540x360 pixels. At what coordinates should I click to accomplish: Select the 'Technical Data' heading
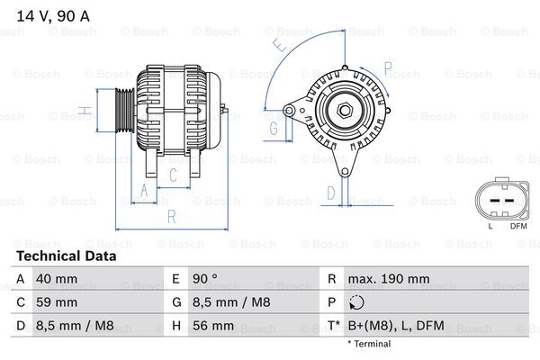click(66, 256)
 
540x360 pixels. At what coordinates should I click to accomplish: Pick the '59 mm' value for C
click(55, 301)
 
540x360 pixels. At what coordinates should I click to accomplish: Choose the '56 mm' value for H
click(214, 326)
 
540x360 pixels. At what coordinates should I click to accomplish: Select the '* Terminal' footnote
click(369, 344)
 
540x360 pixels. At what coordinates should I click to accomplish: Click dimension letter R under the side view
click(171, 216)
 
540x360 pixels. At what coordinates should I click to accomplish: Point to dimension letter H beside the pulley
click(83, 112)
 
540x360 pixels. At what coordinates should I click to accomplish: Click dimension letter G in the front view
click(274, 128)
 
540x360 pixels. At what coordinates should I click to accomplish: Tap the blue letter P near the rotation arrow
click(387, 67)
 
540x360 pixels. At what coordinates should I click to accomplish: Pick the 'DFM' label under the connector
click(518, 227)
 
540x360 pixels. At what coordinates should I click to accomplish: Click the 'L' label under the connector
click(490, 227)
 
